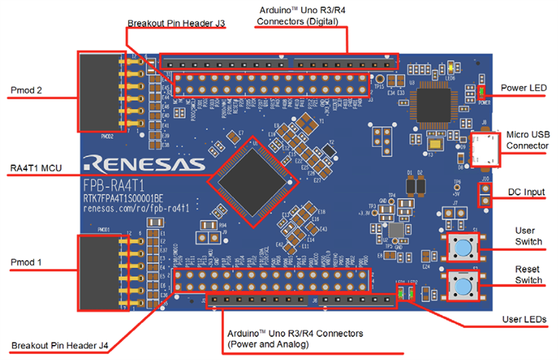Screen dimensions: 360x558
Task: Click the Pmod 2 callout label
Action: click(x=26, y=89)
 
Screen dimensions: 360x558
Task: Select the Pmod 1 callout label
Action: click(x=26, y=261)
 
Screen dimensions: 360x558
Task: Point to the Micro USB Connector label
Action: click(x=527, y=140)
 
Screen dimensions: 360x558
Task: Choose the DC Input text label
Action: click(x=526, y=192)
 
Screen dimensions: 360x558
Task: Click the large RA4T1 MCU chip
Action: click(x=250, y=174)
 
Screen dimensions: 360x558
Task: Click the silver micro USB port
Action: click(x=486, y=150)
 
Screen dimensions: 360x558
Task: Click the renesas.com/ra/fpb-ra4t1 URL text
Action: click(x=137, y=208)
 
